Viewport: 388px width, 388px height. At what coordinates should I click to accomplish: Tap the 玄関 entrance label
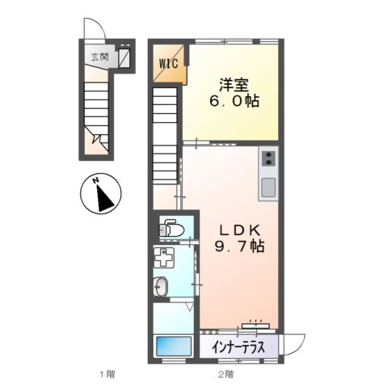[x=99, y=57]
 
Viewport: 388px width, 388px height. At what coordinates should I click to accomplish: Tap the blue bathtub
[x=171, y=346]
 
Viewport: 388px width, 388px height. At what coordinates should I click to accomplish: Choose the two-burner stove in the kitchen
[x=268, y=158]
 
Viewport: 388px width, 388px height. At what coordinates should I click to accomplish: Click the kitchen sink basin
[x=268, y=188]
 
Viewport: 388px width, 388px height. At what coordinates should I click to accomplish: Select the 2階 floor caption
[x=226, y=373]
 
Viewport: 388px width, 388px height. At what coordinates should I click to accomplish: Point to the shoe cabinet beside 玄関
[x=124, y=58]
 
